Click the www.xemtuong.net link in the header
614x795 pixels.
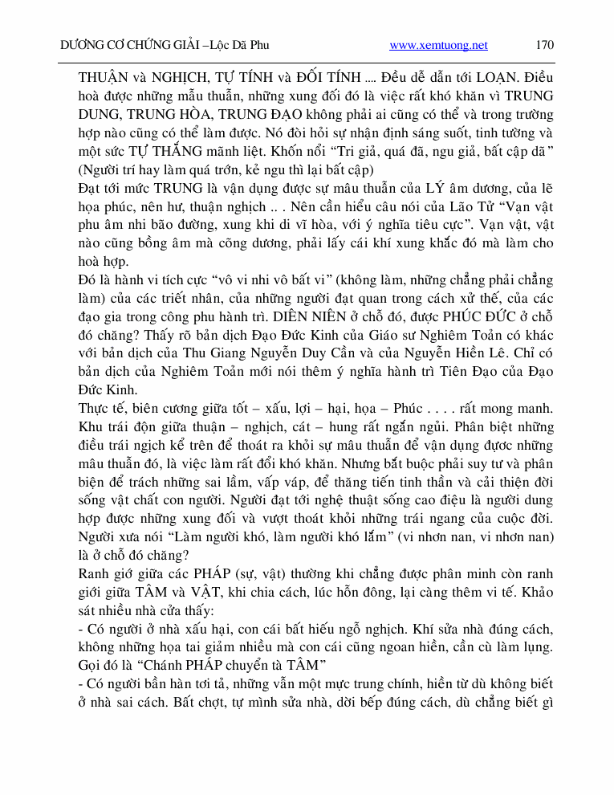coord(438,46)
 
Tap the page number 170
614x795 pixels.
coord(544,46)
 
